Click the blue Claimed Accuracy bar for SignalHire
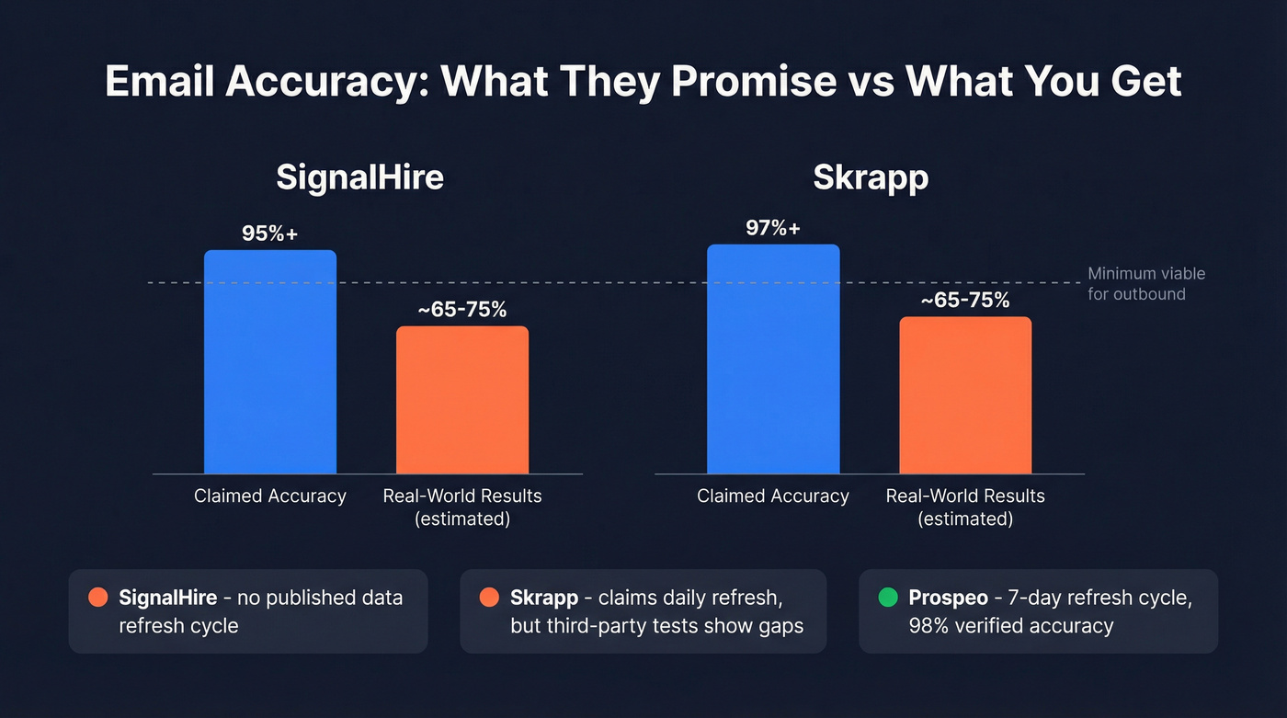(269, 362)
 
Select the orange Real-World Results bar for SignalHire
(462, 400)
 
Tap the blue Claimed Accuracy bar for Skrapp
(773, 359)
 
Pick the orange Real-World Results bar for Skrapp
(965, 395)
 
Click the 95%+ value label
(269, 234)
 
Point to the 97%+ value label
(773, 228)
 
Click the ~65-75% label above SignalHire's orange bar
(462, 310)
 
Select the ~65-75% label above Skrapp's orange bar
(965, 301)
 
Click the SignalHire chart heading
(360, 177)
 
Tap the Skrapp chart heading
(871, 177)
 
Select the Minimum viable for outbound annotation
(1145, 284)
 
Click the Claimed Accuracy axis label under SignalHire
(269, 496)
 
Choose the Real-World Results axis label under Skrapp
(965, 507)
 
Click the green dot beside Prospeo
(887, 598)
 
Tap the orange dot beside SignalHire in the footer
(97, 598)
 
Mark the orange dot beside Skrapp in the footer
(489, 598)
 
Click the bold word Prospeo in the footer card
(948, 598)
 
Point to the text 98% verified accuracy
(1011, 626)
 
